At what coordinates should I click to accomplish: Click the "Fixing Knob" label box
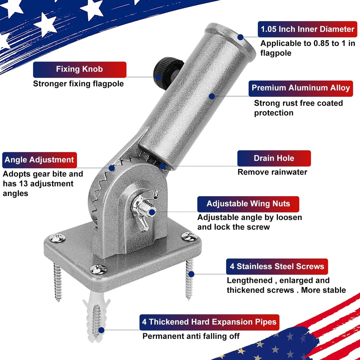pos(80,69)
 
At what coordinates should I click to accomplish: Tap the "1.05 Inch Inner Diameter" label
pos(307,29)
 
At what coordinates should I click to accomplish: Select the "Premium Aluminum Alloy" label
pos(301,89)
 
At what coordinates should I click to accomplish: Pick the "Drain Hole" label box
pos(274,158)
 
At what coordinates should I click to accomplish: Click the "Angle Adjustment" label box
pos(40,160)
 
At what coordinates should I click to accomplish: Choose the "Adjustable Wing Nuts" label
pos(248,204)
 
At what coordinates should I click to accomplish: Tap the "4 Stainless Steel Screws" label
pos(277,266)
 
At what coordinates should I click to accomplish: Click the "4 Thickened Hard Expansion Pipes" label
pos(210,322)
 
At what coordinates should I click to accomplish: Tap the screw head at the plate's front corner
pos(98,269)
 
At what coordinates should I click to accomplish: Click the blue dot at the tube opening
pos(240,37)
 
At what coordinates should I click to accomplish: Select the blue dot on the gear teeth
pos(112,168)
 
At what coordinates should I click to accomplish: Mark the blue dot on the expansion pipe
pos(101,330)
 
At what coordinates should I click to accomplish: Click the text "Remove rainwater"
pos(272,172)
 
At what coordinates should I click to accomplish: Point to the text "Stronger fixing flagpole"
pos(78,84)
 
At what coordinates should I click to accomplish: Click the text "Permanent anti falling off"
pos(191,336)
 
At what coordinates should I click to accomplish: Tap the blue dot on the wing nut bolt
pos(152,212)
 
